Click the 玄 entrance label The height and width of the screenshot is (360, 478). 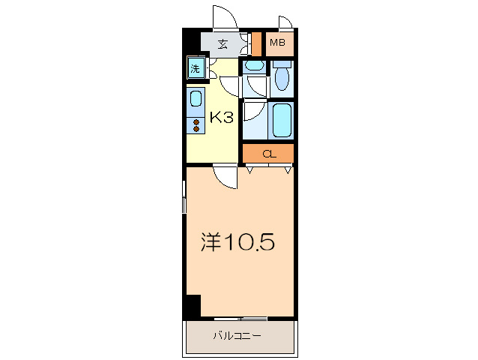(223, 43)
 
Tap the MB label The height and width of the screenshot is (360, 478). (278, 43)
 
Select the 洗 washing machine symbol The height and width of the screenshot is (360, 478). (196, 69)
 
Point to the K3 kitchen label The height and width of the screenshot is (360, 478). (223, 118)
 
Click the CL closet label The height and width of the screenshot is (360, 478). (268, 154)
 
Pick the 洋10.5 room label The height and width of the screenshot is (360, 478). (238, 242)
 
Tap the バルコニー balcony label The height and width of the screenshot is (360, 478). (238, 336)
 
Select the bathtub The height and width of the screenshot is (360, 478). (282, 120)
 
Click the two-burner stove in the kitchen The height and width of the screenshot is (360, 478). (196, 125)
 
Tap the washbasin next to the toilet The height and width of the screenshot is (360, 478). (255, 66)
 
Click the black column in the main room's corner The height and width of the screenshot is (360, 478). (193, 307)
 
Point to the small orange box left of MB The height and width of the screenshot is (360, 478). (255, 43)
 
